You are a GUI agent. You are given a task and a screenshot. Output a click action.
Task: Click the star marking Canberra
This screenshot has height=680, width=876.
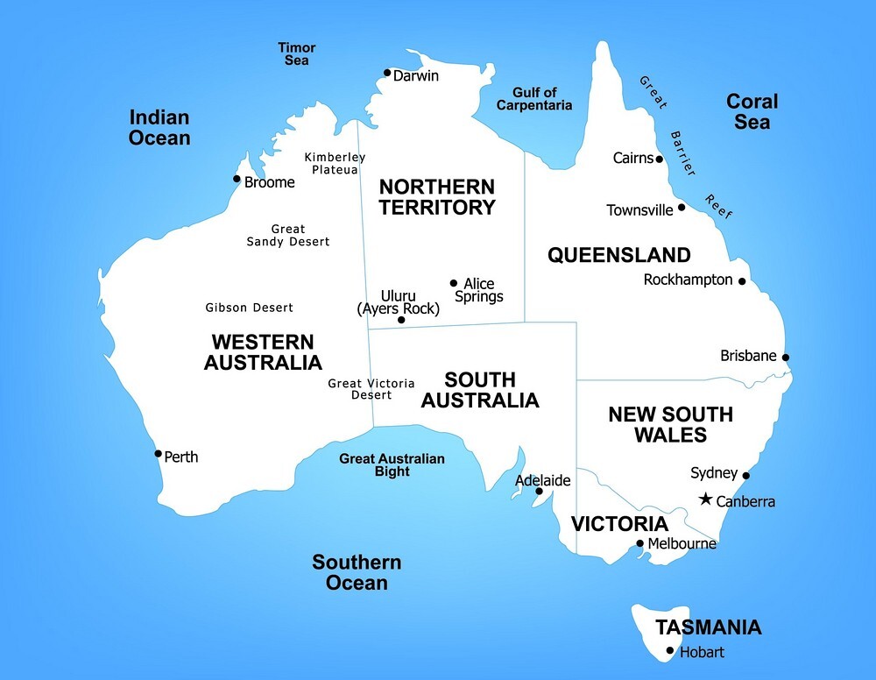705,499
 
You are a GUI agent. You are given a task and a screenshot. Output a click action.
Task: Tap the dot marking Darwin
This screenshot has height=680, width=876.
387,73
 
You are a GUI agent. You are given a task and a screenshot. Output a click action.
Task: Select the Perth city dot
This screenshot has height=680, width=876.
158,454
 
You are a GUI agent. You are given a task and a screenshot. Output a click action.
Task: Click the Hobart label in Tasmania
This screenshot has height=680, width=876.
703,652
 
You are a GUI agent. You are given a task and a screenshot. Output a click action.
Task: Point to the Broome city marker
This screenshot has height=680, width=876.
236,179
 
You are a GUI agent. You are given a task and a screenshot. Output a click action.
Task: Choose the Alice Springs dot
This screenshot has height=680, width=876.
454,283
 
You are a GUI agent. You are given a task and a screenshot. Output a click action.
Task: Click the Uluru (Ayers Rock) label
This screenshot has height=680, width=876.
399,302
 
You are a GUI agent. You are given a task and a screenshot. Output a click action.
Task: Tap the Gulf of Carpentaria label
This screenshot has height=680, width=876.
534,99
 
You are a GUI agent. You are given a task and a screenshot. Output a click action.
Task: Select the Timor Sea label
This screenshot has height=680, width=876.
297,54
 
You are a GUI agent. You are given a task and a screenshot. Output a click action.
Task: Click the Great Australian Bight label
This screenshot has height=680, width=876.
392,465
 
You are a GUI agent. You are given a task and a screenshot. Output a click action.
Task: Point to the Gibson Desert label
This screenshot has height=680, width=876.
250,308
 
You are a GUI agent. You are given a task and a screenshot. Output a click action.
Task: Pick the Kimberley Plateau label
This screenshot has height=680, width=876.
331,163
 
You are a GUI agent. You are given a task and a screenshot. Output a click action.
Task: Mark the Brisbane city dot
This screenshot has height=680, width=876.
786,358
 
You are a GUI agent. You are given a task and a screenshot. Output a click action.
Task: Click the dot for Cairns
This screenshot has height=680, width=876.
660,159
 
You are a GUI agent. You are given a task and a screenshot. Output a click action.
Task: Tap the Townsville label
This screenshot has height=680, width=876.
640,210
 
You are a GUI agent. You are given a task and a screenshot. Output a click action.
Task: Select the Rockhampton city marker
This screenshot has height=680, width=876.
742,282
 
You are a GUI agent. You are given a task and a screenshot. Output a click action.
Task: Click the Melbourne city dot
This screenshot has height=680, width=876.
640,543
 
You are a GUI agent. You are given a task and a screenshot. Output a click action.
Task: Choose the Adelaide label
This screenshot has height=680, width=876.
543,480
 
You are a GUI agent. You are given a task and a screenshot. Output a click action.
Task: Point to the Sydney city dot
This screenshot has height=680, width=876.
746,476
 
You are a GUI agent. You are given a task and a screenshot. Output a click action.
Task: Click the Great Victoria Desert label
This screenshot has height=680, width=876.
371,389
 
